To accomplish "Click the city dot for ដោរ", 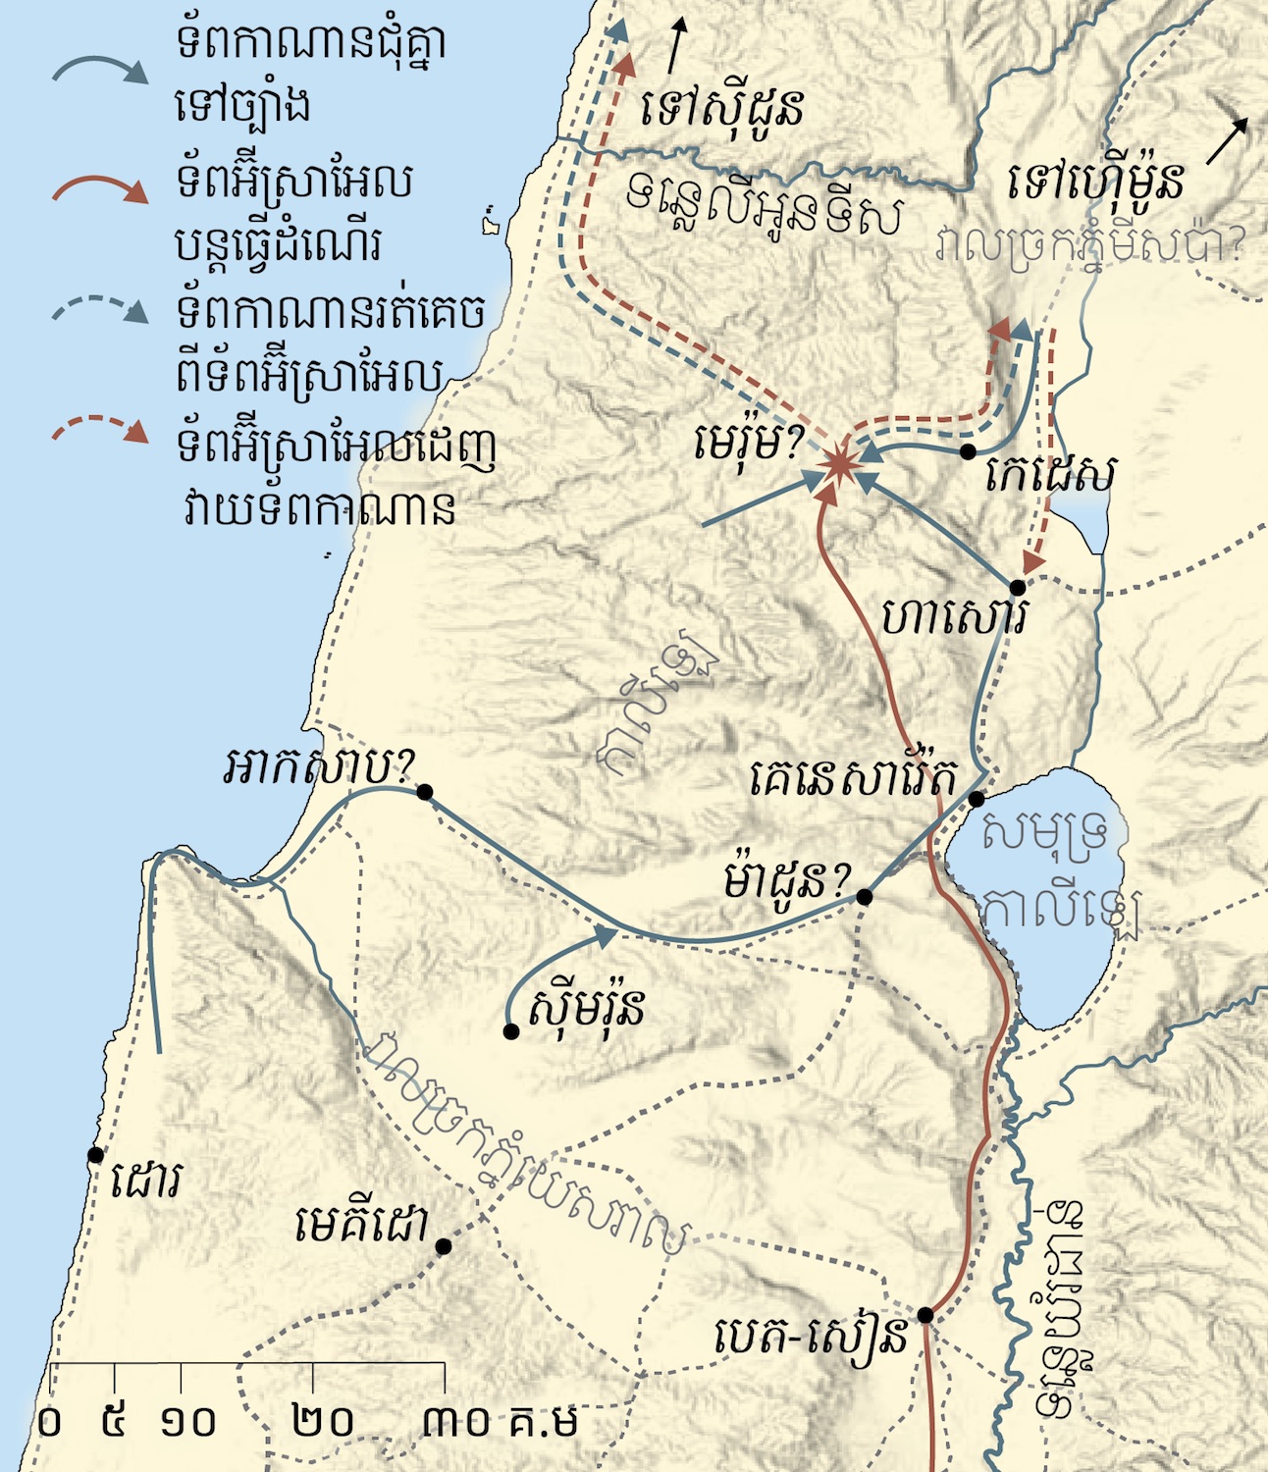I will [95, 1155].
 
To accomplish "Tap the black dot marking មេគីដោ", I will [444, 1246].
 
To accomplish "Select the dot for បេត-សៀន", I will [925, 1315].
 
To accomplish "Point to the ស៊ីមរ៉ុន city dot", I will [510, 1031].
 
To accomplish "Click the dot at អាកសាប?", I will [425, 792].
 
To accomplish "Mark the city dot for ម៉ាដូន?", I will [865, 897].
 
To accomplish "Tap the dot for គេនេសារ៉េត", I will [977, 799].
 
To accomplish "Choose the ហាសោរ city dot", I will [1018, 588].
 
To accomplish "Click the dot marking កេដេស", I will [968, 451].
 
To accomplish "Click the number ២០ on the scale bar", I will [324, 1421].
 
